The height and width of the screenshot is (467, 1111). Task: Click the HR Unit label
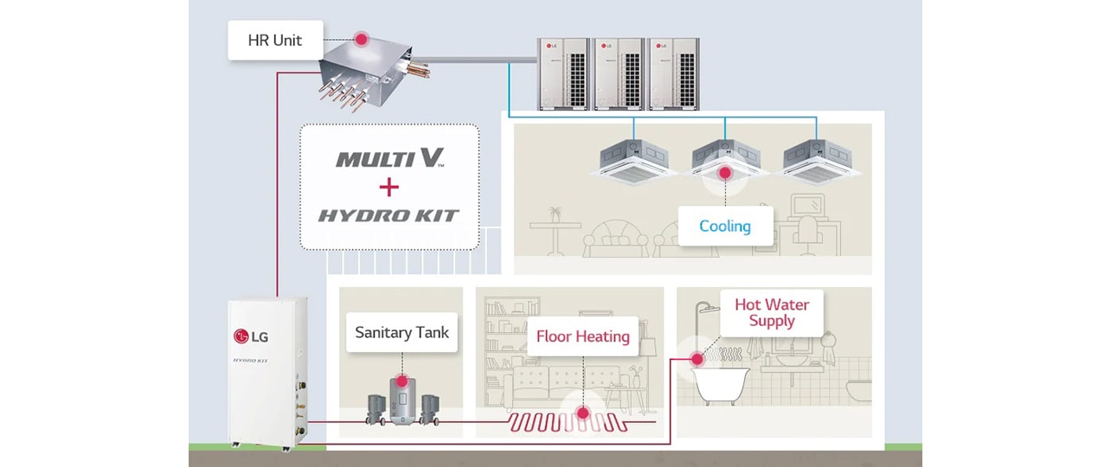tap(275, 41)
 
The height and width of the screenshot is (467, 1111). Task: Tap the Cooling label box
tap(724, 226)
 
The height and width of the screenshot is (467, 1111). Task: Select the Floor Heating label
tap(582, 336)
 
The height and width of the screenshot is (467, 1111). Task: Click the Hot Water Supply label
tap(772, 312)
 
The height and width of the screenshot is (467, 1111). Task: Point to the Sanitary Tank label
tap(401, 331)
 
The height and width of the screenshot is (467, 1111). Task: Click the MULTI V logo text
tap(389, 158)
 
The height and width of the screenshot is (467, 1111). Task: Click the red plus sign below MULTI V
tap(389, 186)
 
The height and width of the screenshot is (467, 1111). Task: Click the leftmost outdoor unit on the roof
tap(563, 74)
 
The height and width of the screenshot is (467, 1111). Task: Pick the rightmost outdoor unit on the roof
tap(673, 74)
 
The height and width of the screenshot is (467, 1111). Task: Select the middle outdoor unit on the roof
tap(619, 74)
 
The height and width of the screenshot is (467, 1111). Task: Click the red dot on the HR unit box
tap(359, 39)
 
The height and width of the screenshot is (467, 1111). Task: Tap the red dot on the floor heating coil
tap(582, 413)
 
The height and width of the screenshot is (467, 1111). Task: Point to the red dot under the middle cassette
tap(725, 173)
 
